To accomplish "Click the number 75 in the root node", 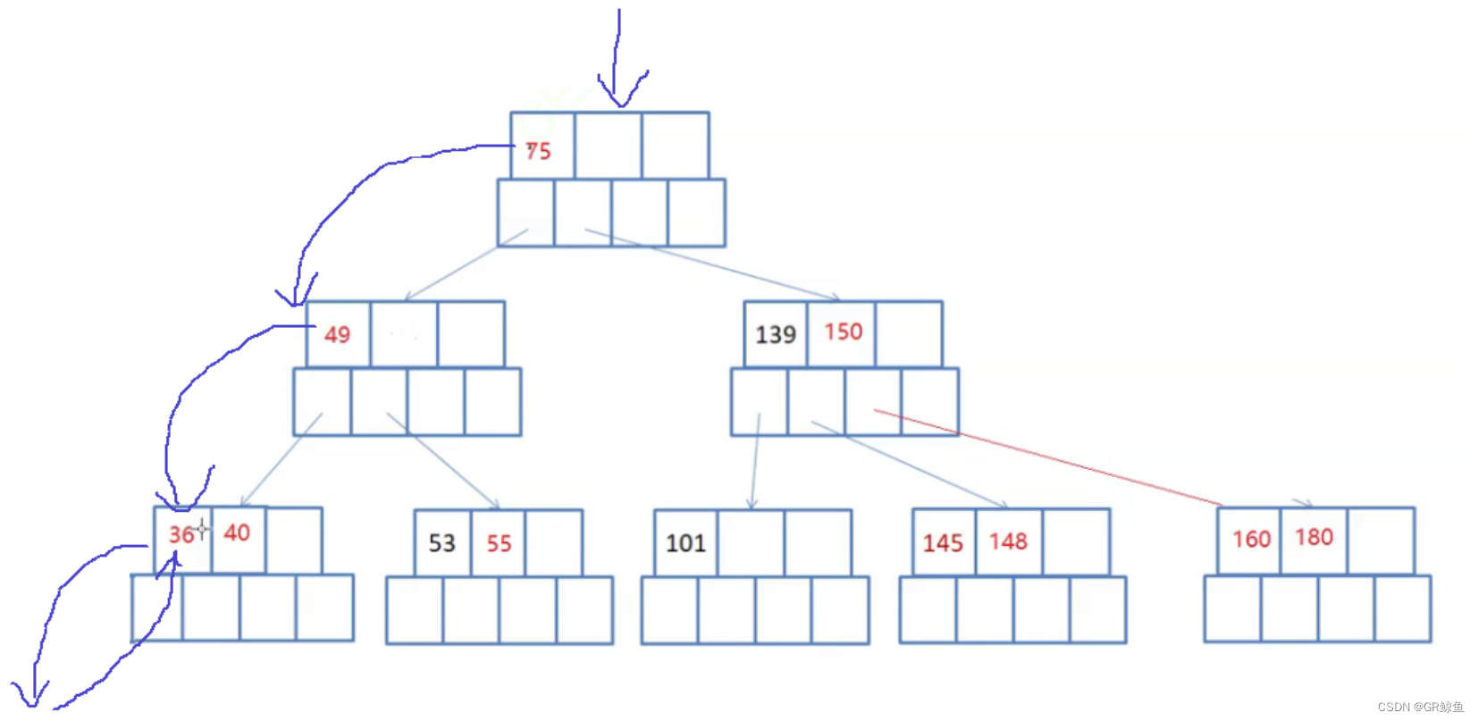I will [538, 151].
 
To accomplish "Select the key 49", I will [337, 335].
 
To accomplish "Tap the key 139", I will [775, 335].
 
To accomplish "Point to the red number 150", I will [843, 332].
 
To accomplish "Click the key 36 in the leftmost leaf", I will [181, 534].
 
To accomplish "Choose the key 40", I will [237, 533].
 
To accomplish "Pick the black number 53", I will [441, 543].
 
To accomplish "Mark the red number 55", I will [499, 543].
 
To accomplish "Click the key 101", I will [685, 543].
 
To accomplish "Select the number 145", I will [943, 543].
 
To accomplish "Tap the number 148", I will [1008, 541].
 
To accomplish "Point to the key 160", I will [1251, 540].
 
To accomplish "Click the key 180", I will [1314, 537].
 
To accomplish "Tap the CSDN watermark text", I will [1420, 707].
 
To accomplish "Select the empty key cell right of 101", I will [751, 543].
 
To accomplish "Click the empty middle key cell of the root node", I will [608, 146].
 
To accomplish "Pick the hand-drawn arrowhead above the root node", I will [620, 94].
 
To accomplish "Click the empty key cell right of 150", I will [909, 334].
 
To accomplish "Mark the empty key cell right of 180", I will [1381, 541].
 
